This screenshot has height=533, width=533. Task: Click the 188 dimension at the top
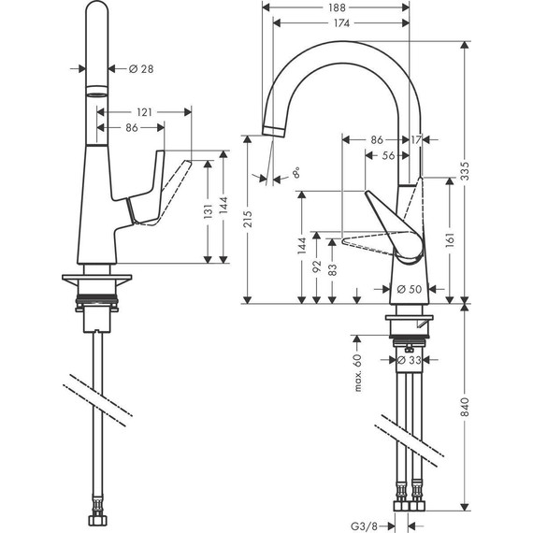click(335, 8)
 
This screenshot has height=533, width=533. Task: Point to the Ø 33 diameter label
click(411, 359)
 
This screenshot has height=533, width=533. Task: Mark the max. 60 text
click(356, 373)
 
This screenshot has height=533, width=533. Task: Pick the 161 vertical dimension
click(451, 238)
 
